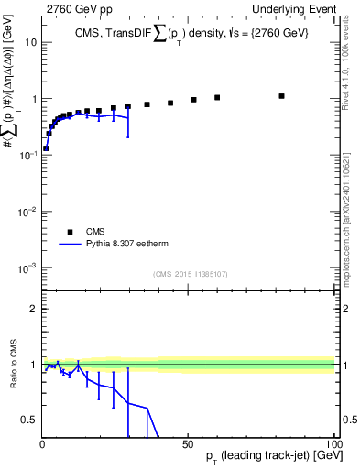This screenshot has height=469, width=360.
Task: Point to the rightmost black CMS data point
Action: pyautogui.click(x=282, y=95)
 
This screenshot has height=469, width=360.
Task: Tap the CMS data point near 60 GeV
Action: pyautogui.click(x=217, y=97)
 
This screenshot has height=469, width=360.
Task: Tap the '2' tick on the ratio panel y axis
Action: pyautogui.click(x=33, y=309)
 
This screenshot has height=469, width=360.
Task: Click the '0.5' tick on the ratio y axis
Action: pyautogui.click(x=29, y=420)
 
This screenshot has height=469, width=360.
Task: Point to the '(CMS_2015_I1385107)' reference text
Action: pyautogui.click(x=190, y=273)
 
